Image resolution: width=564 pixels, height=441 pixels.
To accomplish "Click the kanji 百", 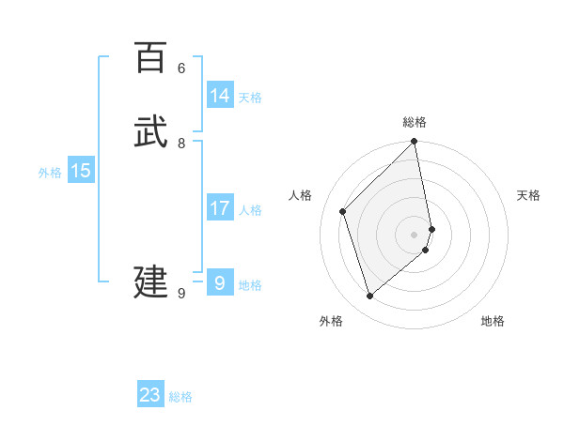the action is coord(150,57).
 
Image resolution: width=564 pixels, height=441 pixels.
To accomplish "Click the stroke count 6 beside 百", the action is coord(181,68).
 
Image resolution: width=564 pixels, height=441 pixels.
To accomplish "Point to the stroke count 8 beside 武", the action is coord(181,143).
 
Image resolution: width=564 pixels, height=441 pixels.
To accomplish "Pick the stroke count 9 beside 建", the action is coord(181,294).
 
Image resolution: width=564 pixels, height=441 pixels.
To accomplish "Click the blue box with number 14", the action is coord(220,96).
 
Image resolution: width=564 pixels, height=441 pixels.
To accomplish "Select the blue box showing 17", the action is coord(220,208).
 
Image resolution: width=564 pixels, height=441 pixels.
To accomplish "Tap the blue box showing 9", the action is coord(220,282).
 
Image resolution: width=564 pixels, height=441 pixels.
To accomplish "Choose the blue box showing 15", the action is coord(81,171).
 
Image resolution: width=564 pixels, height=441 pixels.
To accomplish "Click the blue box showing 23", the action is coord(150,395).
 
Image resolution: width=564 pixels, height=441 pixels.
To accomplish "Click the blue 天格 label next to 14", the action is coord(250,98).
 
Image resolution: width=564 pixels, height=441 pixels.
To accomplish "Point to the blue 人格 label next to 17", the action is coord(250,210).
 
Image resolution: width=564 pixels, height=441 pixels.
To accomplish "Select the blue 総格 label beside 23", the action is coord(180,397).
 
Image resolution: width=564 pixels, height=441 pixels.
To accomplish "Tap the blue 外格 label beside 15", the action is coord(50,173).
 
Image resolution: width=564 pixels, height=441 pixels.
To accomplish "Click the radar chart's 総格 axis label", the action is coord(415,122).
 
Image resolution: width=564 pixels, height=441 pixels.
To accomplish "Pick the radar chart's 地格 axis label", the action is coord(493,321).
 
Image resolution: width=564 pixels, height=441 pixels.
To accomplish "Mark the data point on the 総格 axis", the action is coord(415,143).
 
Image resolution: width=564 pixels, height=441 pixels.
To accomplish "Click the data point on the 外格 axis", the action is coord(370,297).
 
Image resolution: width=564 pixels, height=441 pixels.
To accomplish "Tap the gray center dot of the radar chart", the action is coord(415,234).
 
